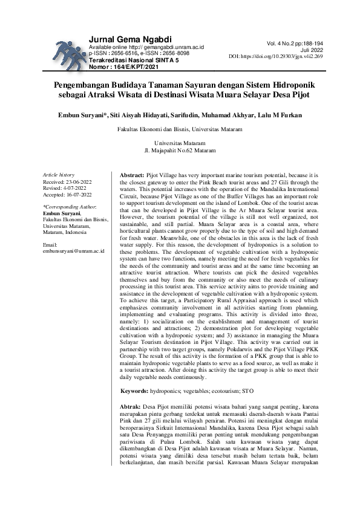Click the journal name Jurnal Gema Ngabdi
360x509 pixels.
pos(130,39)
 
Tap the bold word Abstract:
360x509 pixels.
pos(133,174)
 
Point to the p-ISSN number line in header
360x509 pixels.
pos(138,53)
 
